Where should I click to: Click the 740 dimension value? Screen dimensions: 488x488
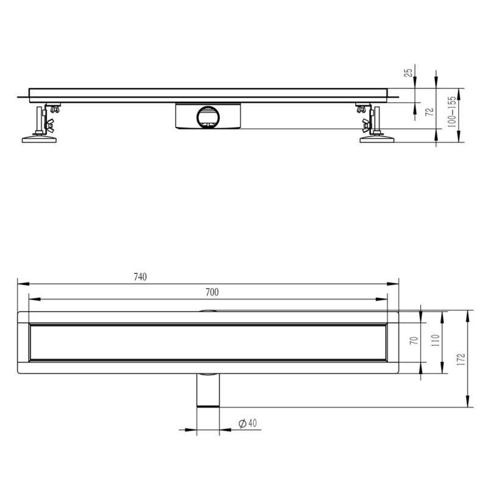point(140,277)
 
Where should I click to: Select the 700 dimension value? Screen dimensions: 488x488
point(212,292)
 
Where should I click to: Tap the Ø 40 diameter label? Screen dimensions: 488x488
point(248,423)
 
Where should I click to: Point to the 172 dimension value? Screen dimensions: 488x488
point(461,359)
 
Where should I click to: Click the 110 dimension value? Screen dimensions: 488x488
point(436,340)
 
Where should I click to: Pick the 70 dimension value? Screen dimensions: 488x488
point(414,340)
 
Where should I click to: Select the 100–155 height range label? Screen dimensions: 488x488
point(451,112)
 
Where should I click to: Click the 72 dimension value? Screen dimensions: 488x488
point(429,112)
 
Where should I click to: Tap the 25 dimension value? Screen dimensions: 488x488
point(408,73)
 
